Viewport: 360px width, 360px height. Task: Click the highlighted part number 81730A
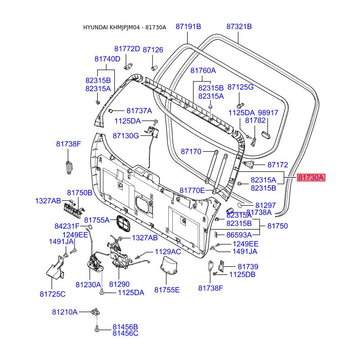[x=311, y=177]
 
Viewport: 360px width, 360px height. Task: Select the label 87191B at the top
[x=188, y=27]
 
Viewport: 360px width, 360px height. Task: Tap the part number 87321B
[x=239, y=27]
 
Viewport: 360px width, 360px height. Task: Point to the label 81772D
[x=127, y=49]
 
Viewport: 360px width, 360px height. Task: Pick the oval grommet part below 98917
[x=266, y=135]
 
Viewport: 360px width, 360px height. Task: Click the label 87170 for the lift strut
[x=191, y=152]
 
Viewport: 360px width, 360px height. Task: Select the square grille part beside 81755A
[x=123, y=223]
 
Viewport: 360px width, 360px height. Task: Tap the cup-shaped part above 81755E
[x=169, y=265]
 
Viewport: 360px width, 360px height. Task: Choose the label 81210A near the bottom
[x=65, y=312]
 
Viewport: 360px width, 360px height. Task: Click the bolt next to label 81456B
[x=97, y=329]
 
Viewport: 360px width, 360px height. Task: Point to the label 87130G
[x=126, y=136]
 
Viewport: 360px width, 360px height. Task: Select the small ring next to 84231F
[x=90, y=227]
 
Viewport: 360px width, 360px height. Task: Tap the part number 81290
[x=119, y=284]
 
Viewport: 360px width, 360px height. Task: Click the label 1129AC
[x=168, y=252]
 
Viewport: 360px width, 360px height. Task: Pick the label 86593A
[x=239, y=235]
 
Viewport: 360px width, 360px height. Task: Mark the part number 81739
[x=248, y=267]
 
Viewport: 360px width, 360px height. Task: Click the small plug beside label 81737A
[x=110, y=111]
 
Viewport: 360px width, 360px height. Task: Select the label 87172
[x=278, y=165]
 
